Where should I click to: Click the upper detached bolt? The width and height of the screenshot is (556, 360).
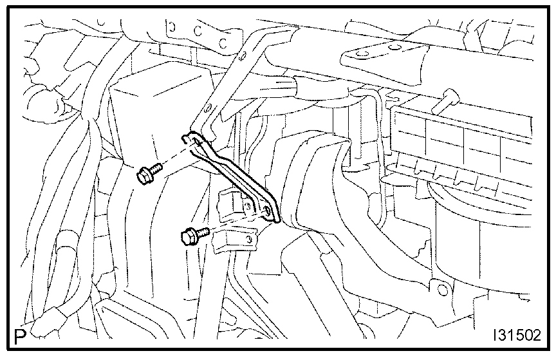149,173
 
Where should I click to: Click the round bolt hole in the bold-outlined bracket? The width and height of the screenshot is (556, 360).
268,209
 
